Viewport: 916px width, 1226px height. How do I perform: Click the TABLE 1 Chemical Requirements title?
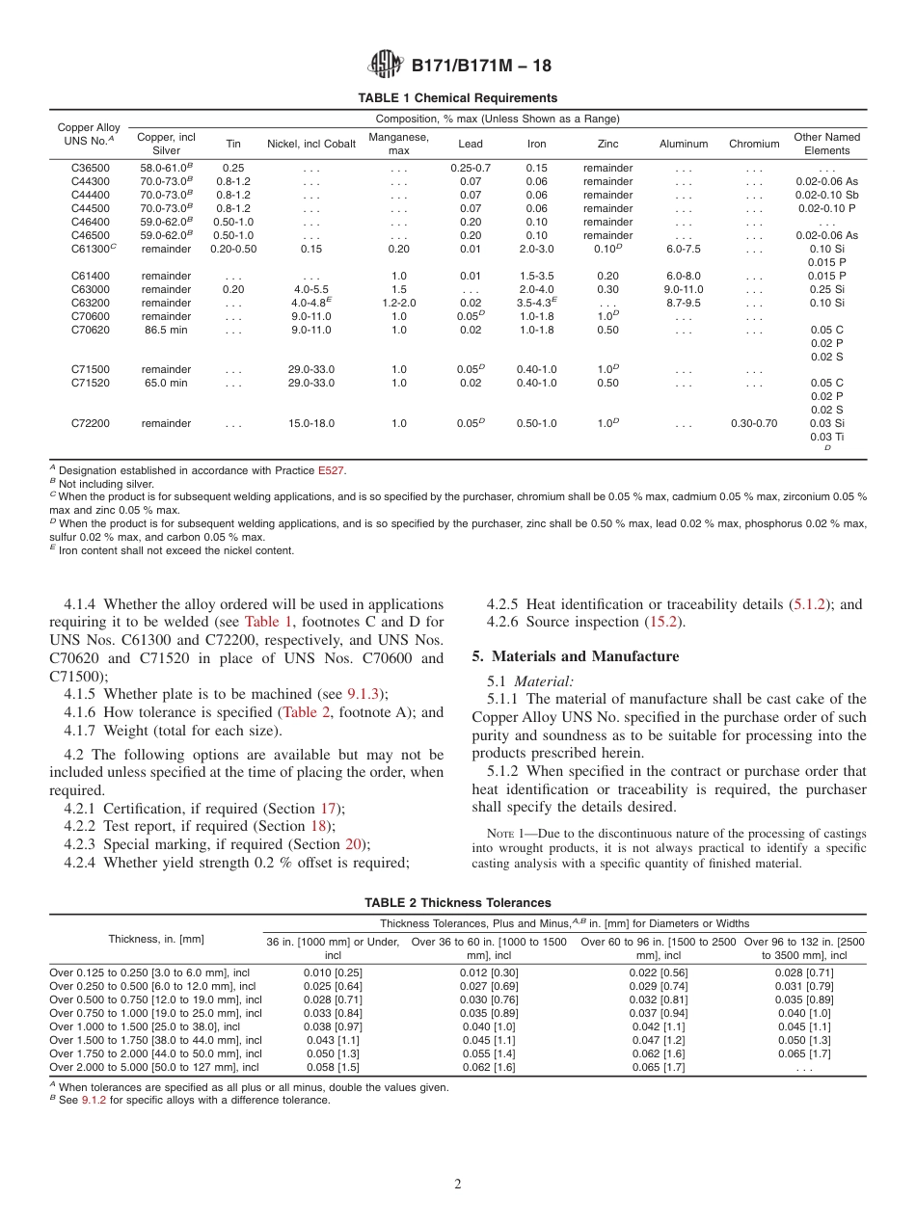point(457,98)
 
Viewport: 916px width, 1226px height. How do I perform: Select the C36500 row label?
point(90,168)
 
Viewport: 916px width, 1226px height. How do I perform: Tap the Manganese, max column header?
point(398,144)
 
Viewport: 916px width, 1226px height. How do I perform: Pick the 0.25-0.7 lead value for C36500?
point(471,168)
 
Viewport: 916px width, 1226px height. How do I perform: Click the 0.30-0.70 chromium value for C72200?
point(753,423)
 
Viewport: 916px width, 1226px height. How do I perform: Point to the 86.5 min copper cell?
point(167,330)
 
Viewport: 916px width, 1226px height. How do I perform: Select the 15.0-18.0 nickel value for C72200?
point(311,423)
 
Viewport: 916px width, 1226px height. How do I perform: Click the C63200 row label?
point(90,303)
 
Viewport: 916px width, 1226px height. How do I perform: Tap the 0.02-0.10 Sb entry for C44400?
point(826,195)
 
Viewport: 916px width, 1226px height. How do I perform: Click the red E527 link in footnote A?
point(331,470)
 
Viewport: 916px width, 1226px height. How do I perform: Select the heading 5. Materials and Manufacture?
point(575,656)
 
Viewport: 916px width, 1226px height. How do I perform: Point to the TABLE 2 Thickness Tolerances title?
point(457,903)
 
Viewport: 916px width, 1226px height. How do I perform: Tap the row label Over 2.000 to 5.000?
point(154,1067)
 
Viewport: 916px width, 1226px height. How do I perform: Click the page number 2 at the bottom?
point(458,1185)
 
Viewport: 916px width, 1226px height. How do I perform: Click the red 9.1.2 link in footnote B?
point(94,1100)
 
